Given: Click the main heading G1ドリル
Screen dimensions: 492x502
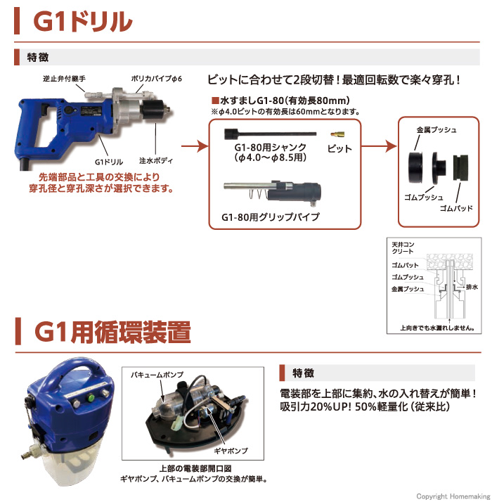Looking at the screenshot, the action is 83,22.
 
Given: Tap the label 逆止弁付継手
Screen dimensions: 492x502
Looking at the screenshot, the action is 64,79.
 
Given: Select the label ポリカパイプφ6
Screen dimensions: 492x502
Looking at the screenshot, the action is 156,79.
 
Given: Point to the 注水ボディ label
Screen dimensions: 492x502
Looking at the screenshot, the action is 156,161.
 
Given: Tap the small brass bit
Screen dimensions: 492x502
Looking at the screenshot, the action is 337,134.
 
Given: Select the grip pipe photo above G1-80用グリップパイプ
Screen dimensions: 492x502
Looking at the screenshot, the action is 272,191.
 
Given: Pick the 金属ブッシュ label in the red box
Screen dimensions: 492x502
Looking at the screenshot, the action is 436,130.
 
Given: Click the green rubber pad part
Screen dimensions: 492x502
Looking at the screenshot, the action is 460,167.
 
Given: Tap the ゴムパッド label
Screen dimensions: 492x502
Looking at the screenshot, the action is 456,208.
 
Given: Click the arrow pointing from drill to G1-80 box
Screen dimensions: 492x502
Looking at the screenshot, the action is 195,146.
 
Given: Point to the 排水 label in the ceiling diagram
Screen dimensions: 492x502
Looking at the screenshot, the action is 472,287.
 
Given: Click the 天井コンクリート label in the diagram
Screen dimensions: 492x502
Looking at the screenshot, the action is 402,248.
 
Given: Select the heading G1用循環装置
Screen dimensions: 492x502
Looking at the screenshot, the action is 112,332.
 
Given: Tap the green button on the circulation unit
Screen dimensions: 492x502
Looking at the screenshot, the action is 91,398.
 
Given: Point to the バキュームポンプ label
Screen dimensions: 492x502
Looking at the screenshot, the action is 157,375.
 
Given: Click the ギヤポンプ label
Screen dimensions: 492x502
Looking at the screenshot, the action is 231,451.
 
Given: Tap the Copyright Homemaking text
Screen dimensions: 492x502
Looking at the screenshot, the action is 453,496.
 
